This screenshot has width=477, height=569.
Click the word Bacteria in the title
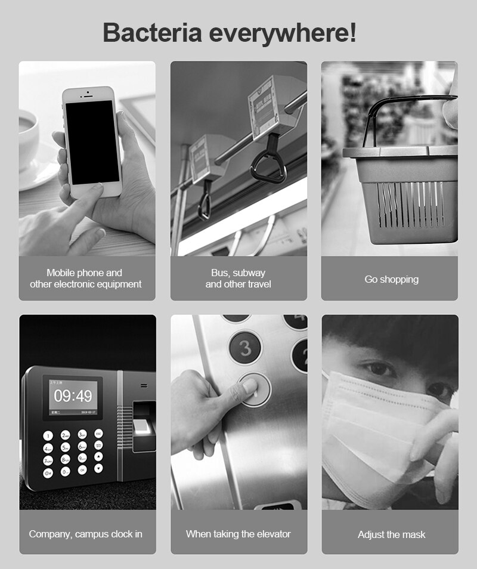click(152, 32)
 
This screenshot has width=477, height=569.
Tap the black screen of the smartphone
click(92, 142)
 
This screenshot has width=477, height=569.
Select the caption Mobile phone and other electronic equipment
click(86, 279)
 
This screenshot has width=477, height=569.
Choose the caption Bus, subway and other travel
click(238, 279)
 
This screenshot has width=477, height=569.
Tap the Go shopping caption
click(391, 279)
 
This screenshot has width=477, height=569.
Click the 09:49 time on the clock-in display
click(73, 396)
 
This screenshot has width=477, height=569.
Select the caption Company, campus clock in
click(86, 534)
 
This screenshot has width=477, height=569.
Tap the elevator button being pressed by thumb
click(255, 389)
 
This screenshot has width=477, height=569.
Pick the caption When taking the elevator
click(238, 534)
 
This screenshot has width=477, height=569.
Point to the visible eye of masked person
click(378, 369)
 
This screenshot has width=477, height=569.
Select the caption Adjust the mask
click(391, 534)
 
